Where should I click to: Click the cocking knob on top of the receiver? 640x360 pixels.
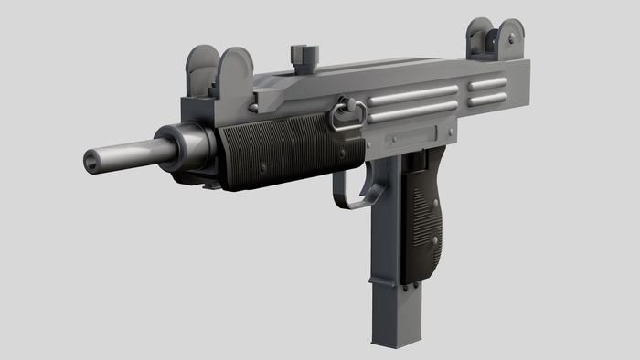pos(301,55)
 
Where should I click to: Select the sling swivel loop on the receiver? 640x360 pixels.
pos(347,115)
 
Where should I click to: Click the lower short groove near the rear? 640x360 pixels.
pos(487,99)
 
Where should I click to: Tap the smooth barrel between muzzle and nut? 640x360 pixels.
pos(128,153)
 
